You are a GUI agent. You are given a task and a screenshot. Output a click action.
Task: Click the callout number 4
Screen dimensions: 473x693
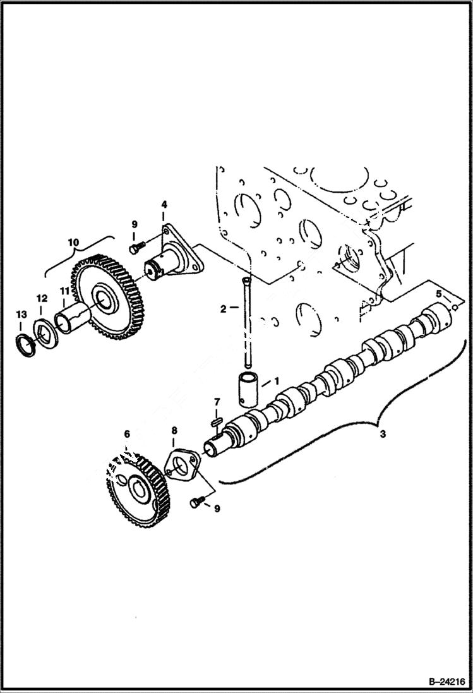pyautogui.click(x=164, y=205)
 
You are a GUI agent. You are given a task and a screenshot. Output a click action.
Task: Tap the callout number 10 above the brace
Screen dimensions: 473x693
pyautogui.click(x=74, y=243)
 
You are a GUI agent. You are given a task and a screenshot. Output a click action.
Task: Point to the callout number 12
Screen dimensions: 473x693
pyautogui.click(x=41, y=298)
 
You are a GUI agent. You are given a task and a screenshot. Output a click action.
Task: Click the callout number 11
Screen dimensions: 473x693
pyautogui.click(x=64, y=291)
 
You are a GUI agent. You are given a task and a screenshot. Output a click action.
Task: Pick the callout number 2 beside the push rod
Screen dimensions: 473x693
pyautogui.click(x=222, y=308)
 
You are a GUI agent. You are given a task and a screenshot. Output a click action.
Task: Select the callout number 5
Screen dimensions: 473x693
pyautogui.click(x=438, y=293)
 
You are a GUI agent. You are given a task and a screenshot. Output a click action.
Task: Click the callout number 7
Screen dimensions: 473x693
pyautogui.click(x=217, y=402)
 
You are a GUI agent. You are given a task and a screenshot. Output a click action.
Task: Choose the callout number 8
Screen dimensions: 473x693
pyautogui.click(x=174, y=431)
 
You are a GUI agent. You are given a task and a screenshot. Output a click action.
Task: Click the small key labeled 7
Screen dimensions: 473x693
pyautogui.click(x=215, y=418)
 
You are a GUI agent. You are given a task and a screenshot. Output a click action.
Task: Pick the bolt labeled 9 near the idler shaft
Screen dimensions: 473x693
pyautogui.click(x=135, y=248)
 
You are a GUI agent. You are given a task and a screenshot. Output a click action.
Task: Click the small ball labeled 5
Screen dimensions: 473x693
pyautogui.click(x=453, y=307)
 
